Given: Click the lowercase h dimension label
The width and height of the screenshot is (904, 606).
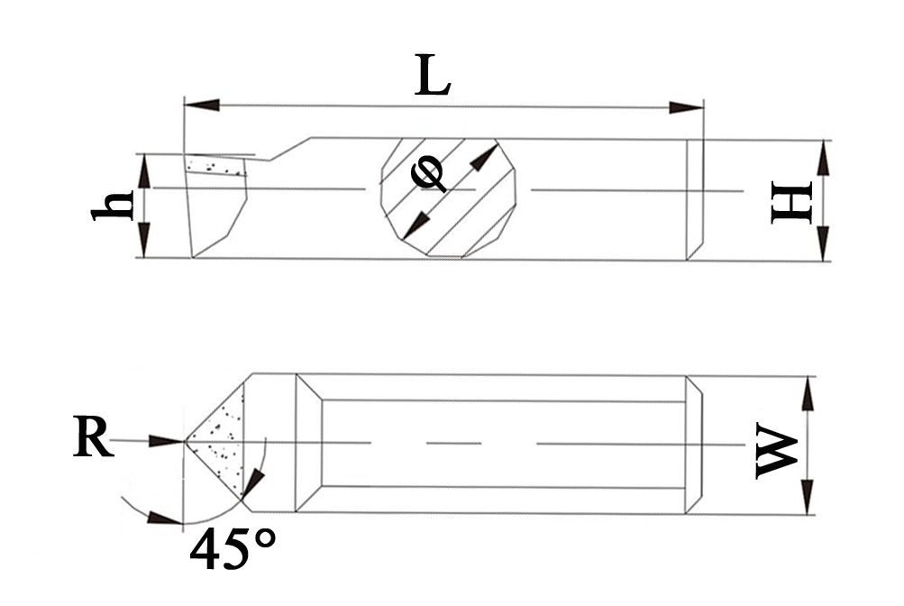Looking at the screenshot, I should point(113,206).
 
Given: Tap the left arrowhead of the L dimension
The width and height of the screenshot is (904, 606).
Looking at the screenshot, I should point(201,106).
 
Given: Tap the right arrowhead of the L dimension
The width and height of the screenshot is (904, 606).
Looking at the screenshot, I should point(686,107).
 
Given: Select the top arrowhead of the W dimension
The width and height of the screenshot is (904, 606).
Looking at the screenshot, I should point(808,393).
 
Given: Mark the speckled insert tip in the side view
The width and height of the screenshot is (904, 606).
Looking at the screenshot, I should point(216,167).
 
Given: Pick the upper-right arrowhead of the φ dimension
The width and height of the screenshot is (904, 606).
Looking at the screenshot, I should point(486,157).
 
